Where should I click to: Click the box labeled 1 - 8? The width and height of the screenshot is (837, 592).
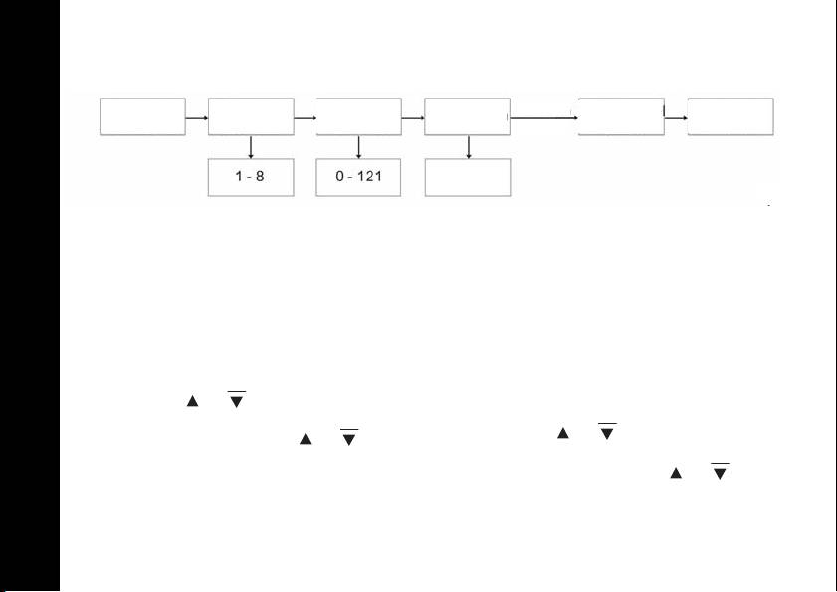click(251, 177)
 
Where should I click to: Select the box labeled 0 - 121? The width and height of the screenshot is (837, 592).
click(359, 177)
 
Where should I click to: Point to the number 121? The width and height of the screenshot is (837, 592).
click(371, 177)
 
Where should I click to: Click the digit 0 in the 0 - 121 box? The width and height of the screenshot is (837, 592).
click(339, 177)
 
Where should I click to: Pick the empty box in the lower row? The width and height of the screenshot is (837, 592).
click(468, 177)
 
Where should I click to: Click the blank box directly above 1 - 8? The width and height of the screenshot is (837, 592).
click(251, 116)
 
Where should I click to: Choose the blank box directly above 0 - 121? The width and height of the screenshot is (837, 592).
click(359, 116)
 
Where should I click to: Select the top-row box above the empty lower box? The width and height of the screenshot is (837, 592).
click(468, 116)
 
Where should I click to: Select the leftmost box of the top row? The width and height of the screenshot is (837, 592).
click(142, 116)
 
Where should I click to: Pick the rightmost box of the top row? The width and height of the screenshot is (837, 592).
click(731, 116)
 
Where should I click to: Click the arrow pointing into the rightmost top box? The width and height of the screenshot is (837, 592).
click(676, 117)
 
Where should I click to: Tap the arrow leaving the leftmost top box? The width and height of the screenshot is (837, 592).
click(197, 117)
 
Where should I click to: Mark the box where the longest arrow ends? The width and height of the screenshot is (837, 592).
click(622, 116)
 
